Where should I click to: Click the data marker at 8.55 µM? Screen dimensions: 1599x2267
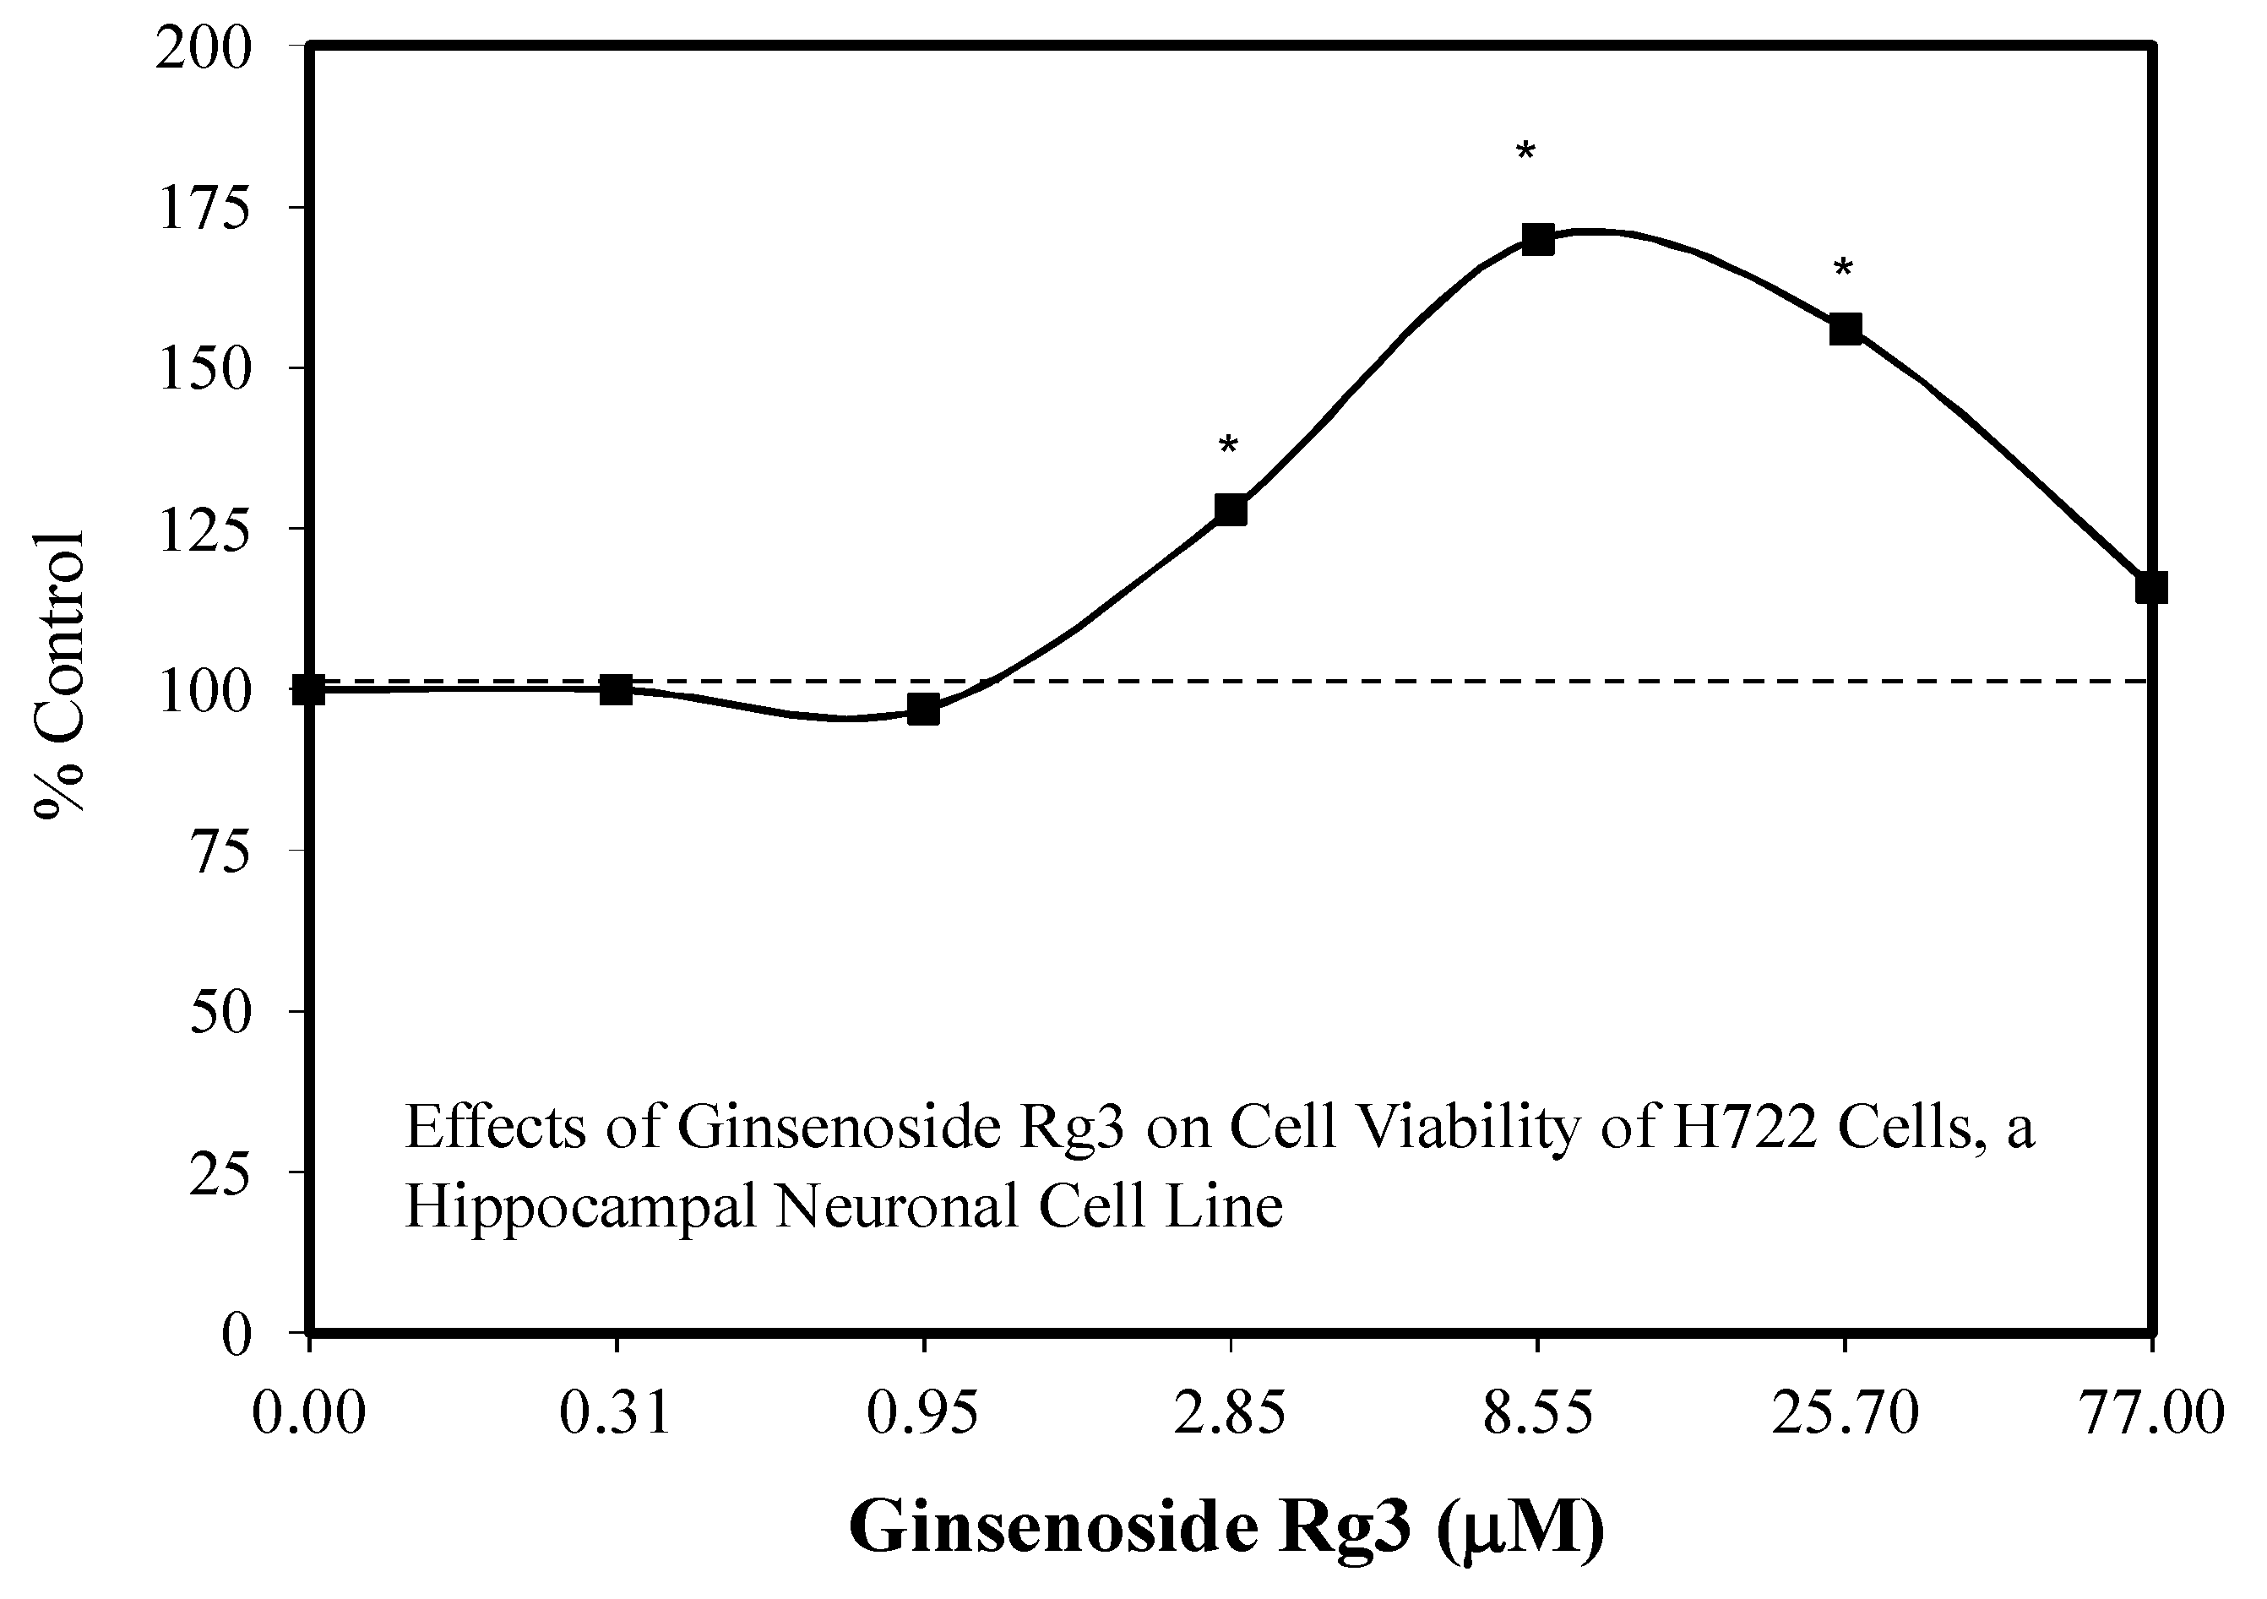tap(1537, 239)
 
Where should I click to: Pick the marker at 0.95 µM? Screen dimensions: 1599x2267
tap(923, 710)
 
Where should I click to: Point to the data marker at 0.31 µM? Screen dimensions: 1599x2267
tap(616, 689)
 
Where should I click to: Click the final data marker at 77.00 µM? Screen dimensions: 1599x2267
tap(2150, 588)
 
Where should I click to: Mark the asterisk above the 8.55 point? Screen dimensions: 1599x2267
tap(1525, 153)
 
